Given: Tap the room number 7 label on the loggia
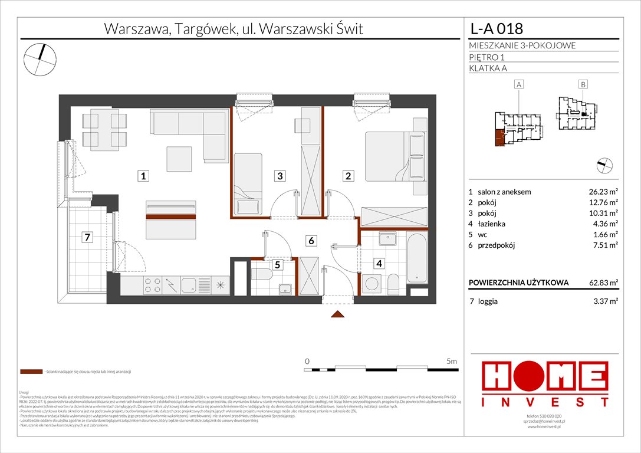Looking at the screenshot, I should tap(87, 238).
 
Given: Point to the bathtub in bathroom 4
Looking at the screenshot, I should tap(416, 258).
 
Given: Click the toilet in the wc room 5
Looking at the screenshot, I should tap(260, 275).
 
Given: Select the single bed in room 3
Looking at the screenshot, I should tap(248, 183).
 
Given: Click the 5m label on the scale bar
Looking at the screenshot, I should tap(452, 361).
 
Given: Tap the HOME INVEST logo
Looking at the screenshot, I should tap(544, 383).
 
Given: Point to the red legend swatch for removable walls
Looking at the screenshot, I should tap(31, 372).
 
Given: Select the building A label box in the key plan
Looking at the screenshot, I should tap(520, 85).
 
